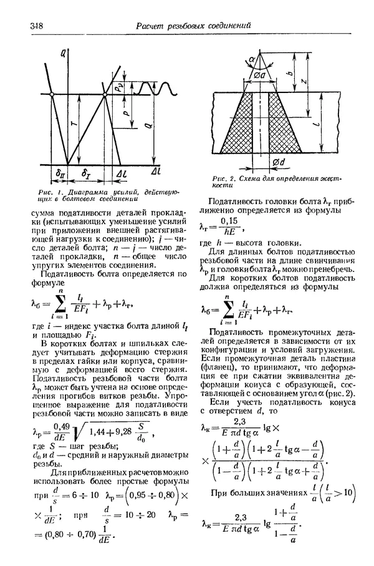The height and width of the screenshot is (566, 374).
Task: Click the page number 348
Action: (x=36, y=26)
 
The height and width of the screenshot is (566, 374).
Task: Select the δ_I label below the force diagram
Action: (x=87, y=172)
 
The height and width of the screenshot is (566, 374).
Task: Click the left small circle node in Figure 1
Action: (x=52, y=94)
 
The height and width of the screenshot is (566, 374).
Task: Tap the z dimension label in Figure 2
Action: (x=302, y=81)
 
